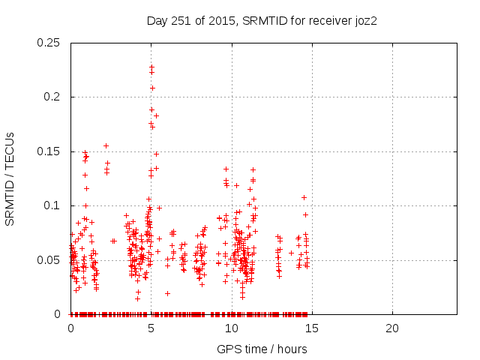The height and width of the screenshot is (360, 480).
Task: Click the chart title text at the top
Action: click(261, 21)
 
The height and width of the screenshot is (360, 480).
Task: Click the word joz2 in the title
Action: click(363, 21)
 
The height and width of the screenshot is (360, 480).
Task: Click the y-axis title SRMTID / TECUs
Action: click(10, 178)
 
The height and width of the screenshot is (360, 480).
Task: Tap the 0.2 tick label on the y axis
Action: click(54, 97)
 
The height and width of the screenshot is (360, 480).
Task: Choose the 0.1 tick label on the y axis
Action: click(54, 205)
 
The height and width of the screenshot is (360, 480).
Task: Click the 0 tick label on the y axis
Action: click(59, 314)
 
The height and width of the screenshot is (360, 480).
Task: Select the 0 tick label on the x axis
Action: click(70, 328)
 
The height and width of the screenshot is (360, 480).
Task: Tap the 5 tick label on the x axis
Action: click(151, 328)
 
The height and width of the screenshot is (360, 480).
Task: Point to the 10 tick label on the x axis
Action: click(231, 328)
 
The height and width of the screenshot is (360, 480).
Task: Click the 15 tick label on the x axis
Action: click(311, 328)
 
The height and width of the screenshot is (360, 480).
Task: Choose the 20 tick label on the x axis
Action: click(391, 328)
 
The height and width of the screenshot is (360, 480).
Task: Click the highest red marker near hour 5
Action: click(151, 66)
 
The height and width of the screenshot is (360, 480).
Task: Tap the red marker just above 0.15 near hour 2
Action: click(106, 145)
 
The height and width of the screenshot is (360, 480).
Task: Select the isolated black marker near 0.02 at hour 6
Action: click(167, 293)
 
